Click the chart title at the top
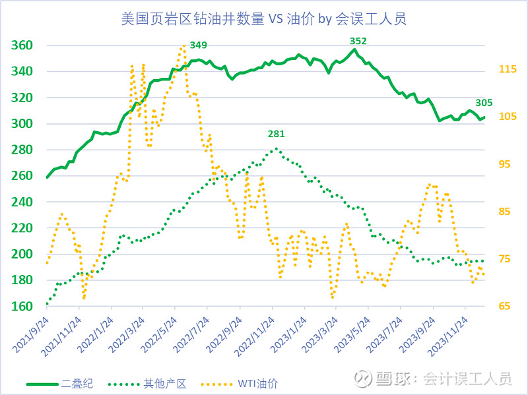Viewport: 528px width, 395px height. pyautogui.click(x=263, y=18)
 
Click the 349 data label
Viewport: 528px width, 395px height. pyautogui.click(x=198, y=45)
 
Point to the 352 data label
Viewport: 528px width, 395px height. pyautogui.click(x=358, y=41)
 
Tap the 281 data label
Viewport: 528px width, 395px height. pyautogui.click(x=277, y=134)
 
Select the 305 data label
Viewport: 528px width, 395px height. pyautogui.click(x=484, y=102)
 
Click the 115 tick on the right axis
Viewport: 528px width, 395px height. pyautogui.click(x=505, y=69)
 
